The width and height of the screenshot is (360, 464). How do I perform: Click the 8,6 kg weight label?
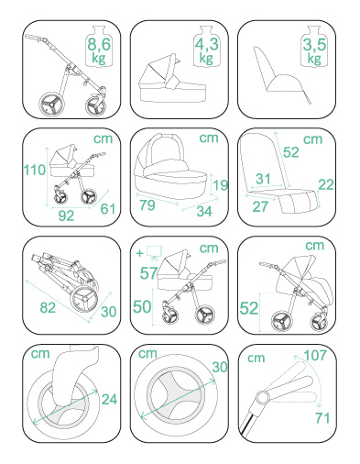coord(99,50)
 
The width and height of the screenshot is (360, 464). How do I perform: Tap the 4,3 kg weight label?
coord(207,50)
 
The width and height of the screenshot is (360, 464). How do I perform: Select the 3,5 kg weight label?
coord(314,50)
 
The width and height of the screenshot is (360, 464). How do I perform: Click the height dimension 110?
coord(35,170)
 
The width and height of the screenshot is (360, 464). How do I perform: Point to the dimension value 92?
coord(66,215)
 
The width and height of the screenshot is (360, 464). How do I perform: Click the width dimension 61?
coord(108,209)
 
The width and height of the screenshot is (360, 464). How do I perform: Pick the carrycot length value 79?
coord(147,205)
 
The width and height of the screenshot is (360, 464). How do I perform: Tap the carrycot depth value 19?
coord(221,185)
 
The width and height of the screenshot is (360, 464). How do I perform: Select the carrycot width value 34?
coord(204,211)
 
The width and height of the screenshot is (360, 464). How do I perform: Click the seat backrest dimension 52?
coord(290,152)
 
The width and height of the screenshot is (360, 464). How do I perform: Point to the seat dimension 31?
coord(263,179)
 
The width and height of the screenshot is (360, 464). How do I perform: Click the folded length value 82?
coord(48,308)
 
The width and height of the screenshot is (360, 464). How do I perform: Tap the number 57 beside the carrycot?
coord(148,273)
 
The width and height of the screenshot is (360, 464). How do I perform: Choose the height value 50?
coord(142,306)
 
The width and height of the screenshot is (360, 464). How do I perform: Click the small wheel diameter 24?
coord(109,399)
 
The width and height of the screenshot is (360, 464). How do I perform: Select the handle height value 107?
coord(315,355)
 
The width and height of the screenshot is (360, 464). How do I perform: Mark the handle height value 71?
coord(322,418)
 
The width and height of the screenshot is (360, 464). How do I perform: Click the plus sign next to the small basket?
coord(139,253)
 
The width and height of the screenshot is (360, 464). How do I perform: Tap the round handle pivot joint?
coord(263,398)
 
